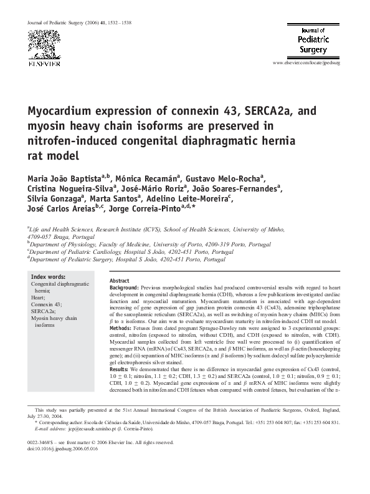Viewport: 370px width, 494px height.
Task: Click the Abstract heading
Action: pyautogui.click(x=119, y=281)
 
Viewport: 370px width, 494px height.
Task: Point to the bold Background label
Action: pyautogui.click(x=125, y=288)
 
